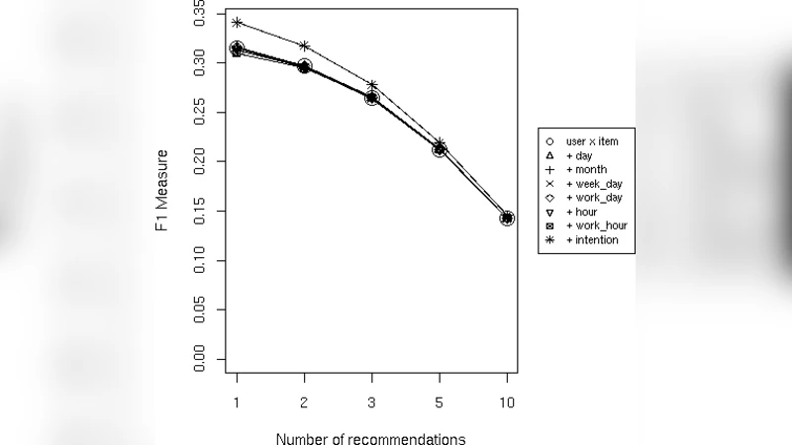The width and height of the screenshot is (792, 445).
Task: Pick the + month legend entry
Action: pyautogui.click(x=584, y=169)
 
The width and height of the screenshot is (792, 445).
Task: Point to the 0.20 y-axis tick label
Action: pyautogui.click(x=201, y=162)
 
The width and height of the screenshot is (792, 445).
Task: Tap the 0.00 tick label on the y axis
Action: pyautogui.click(x=201, y=359)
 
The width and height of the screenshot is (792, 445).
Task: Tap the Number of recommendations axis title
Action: pyautogui.click(x=371, y=436)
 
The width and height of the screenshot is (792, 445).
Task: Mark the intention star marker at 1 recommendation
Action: pyautogui.click(x=237, y=22)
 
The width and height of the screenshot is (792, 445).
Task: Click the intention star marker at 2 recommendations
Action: pyautogui.click(x=304, y=45)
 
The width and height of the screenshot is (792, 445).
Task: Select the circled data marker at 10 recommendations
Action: pyautogui.click(x=507, y=219)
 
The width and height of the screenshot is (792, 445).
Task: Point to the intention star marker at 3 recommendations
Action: pyautogui.click(x=372, y=85)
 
